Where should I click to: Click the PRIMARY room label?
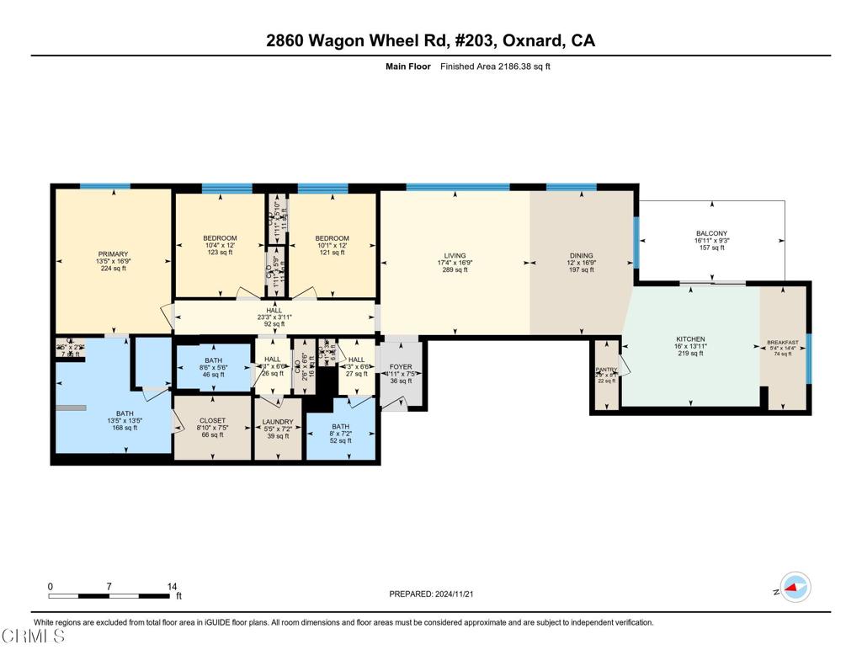coord(112,254)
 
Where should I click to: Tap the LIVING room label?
coord(455,255)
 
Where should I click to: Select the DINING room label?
coord(581,255)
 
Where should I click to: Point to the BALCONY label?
coord(711,233)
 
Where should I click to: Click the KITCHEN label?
coord(689,338)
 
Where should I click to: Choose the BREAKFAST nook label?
coord(783,343)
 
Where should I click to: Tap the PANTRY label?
coord(606,369)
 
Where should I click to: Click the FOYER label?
coord(400,368)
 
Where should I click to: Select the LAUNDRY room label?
coord(277,422)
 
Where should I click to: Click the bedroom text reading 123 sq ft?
coord(219,253)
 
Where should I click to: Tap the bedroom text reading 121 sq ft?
coord(333,253)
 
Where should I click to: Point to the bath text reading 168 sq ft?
coord(125,428)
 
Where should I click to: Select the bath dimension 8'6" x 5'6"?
coord(212,367)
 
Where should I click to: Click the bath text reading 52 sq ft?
coord(340,441)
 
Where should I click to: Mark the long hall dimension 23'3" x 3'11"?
coord(274,317)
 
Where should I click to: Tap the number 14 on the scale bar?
coord(172,587)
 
